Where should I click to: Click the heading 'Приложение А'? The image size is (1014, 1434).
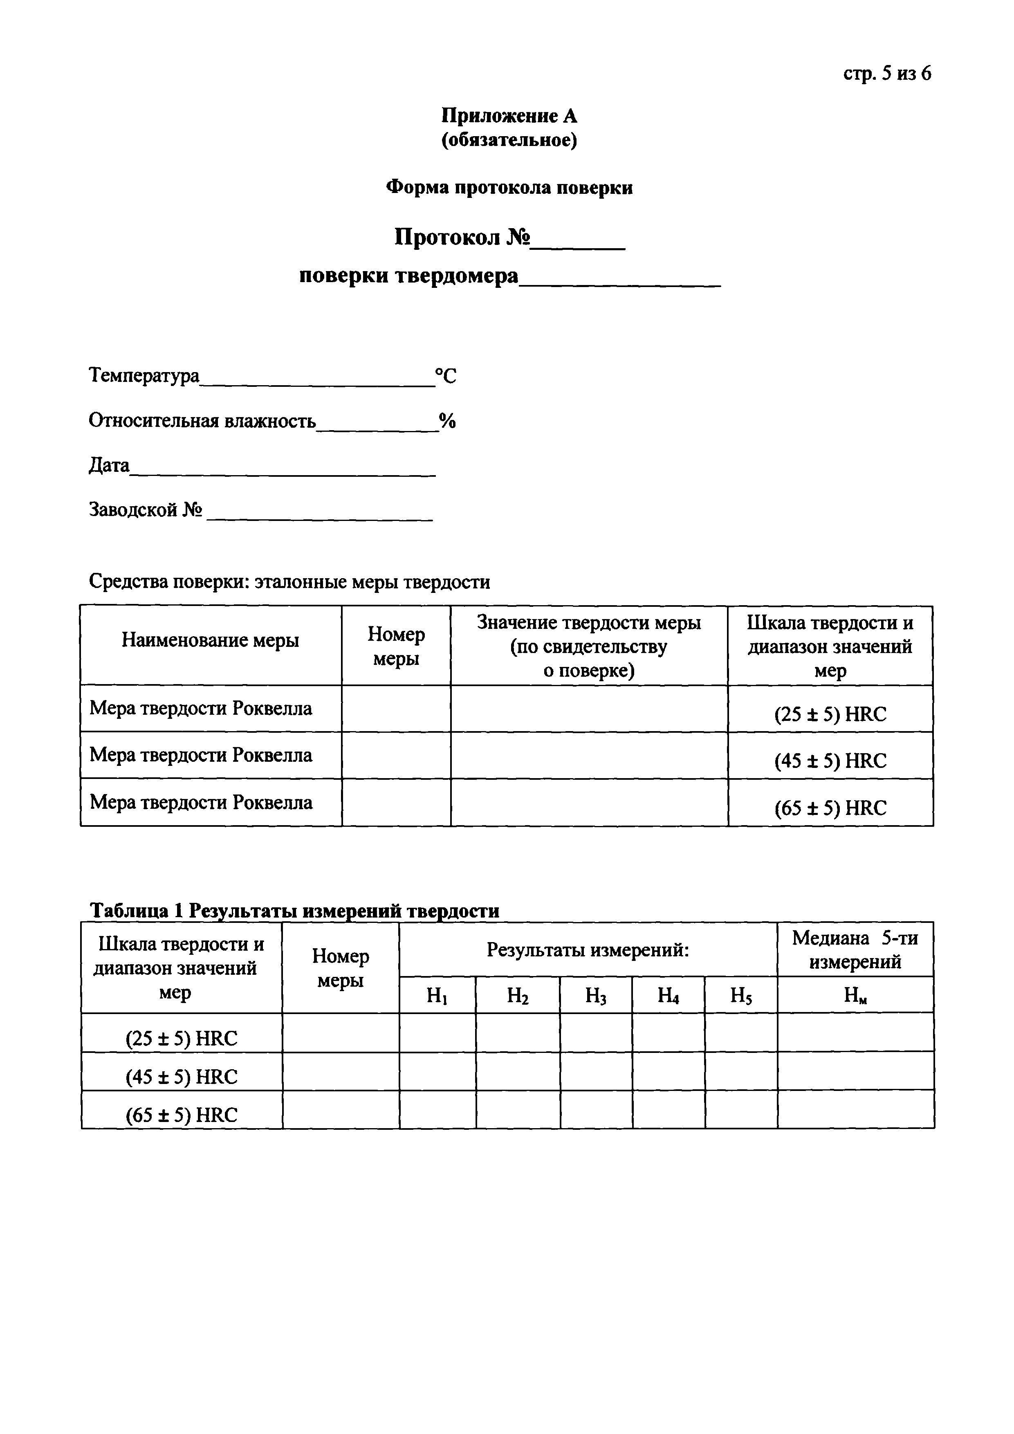pos(509,116)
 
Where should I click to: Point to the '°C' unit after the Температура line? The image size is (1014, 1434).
pos(446,376)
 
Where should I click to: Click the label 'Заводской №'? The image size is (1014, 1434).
pos(146,510)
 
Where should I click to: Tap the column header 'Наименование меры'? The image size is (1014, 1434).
pos(211,640)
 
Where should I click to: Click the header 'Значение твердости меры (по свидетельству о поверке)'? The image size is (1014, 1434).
pos(589,646)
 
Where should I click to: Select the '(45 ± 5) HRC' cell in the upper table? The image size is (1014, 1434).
pos(830,761)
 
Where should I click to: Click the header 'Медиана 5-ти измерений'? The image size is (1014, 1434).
pos(855,950)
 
